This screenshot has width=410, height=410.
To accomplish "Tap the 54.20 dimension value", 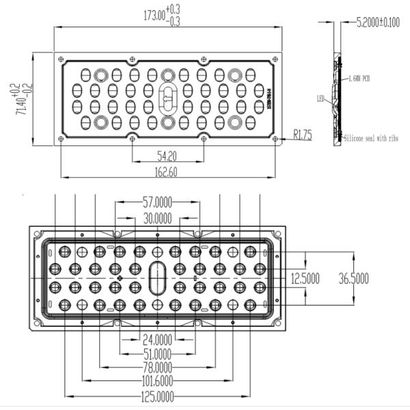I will pyautogui.click(x=167, y=155).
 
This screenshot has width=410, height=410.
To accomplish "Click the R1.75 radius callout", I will pyautogui.click(x=302, y=135).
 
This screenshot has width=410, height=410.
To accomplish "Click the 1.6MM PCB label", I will pyautogui.click(x=359, y=79).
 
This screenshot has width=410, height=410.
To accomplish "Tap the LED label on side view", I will pyautogui.click(x=320, y=98).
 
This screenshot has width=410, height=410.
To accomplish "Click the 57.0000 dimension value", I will pyautogui.click(x=157, y=202).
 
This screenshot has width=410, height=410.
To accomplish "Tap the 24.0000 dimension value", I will pyautogui.click(x=156, y=338).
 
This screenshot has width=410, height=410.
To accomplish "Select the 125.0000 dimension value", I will pyautogui.click(x=156, y=396).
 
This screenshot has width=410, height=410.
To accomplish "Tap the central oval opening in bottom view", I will pyautogui.click(x=157, y=277).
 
